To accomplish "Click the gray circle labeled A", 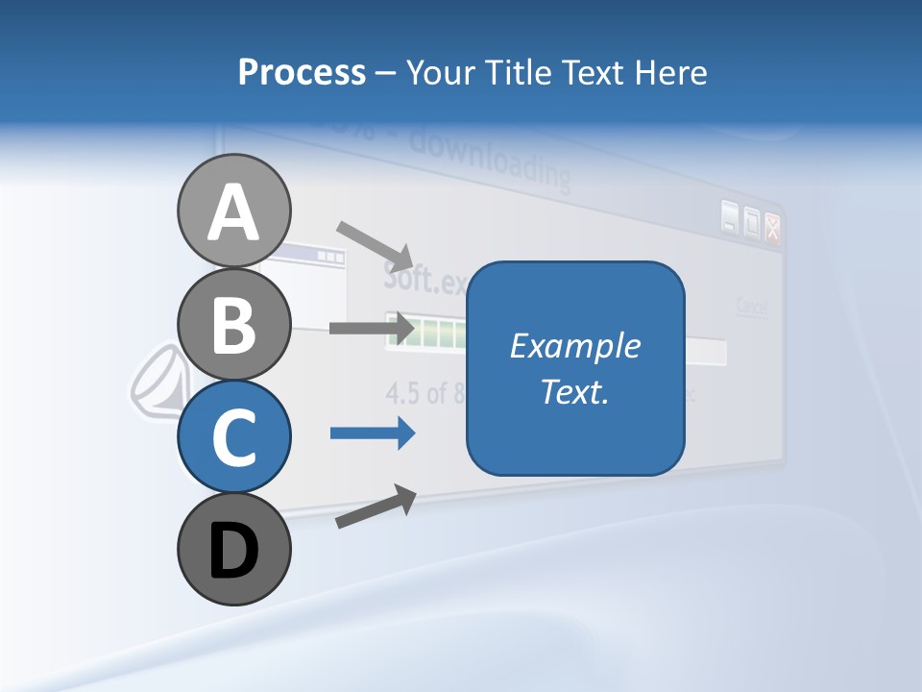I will point(233,210).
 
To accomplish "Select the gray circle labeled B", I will point(233,324).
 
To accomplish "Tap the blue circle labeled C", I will point(233,436).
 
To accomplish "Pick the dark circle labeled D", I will point(233,550).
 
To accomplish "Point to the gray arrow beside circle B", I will point(371,328).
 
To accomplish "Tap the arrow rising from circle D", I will point(376,507).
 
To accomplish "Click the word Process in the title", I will point(302,72).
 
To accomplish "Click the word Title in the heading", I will point(523,72).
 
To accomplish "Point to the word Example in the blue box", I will point(574,346).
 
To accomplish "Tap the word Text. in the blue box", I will point(574,391).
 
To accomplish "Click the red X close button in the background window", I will point(772,227).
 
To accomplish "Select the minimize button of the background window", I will point(730,219).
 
